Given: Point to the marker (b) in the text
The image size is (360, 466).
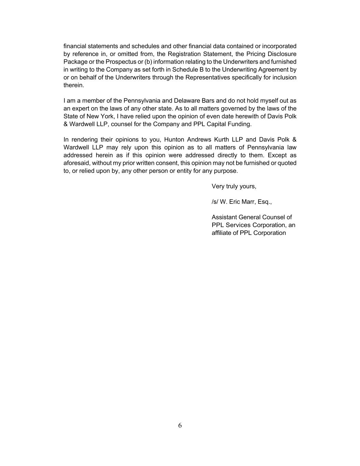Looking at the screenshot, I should coord(148,62).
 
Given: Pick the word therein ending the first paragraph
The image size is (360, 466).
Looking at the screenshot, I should coord(73,85).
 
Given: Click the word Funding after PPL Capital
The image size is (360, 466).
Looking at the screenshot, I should coord(240,124).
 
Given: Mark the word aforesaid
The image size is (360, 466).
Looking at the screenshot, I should coord(76,163).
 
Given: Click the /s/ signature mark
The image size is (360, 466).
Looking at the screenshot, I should coord(215,202).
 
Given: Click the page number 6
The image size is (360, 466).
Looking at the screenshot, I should coord(180,425).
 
